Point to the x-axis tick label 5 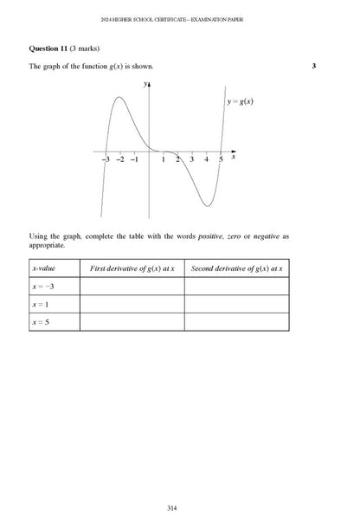(x=221, y=161)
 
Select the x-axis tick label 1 (x=164, y=161)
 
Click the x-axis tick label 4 (x=207, y=161)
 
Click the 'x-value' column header (x=42, y=269)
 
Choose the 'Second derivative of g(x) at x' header (x=236, y=269)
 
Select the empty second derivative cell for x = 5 (x=236, y=322)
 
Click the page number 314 (x=179, y=506)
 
